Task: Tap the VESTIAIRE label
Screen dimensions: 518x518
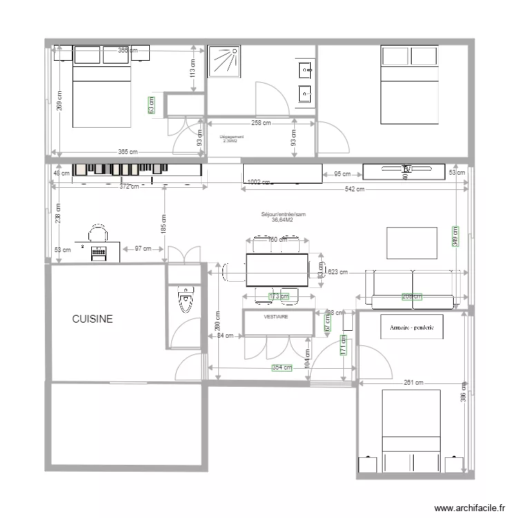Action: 276,316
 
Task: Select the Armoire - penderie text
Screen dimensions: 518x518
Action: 412,327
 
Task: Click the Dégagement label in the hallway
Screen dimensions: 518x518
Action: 231,138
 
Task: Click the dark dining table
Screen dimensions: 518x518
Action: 277,270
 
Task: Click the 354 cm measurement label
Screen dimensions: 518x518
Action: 280,367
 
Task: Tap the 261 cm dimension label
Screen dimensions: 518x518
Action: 414,382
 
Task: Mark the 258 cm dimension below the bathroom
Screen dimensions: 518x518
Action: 260,122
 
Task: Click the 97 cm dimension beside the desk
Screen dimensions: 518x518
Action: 143,248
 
